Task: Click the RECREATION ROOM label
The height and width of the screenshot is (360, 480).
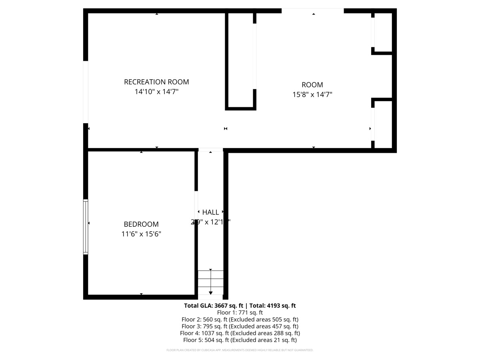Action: pos(156,82)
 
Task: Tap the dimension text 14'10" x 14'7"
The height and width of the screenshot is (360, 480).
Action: pos(156,92)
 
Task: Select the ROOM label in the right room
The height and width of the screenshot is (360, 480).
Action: pos(312,85)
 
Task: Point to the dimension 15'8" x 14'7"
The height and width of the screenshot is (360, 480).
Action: pos(312,95)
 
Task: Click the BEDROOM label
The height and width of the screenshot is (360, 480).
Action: pos(141,224)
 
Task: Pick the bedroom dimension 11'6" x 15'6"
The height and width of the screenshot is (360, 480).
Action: pos(141,234)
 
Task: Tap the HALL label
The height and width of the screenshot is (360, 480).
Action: pos(210,212)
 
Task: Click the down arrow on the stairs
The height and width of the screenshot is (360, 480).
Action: pos(211,292)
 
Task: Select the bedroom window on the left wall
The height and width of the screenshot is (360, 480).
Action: pos(85,227)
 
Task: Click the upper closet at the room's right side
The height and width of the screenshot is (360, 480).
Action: pos(382,32)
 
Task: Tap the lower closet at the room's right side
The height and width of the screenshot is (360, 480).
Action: pos(382,124)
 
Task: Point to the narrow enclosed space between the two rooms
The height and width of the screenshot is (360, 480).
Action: pos(240,60)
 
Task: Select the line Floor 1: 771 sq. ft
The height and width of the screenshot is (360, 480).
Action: pos(240,312)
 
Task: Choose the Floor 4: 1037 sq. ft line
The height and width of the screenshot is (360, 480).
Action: pos(240,333)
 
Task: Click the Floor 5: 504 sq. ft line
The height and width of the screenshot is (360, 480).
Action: pos(240,340)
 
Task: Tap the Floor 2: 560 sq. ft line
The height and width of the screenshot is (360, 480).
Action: pos(240,320)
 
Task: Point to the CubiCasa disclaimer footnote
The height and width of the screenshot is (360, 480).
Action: pos(240,350)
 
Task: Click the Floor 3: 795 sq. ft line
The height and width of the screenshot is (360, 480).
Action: pos(240,326)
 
